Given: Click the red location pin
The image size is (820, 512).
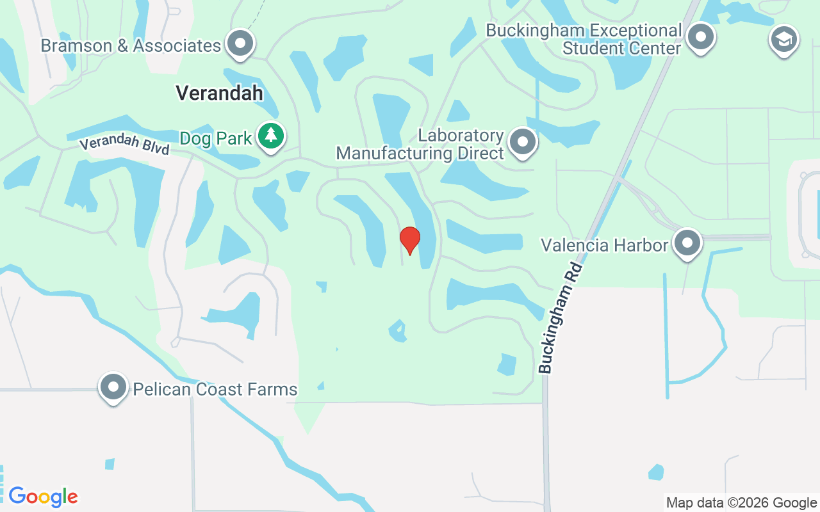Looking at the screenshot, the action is (410, 240).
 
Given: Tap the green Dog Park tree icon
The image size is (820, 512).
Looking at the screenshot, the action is (272, 136).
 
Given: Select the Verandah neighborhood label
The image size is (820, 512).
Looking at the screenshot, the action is (219, 93).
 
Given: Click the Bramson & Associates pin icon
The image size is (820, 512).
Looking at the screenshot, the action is (241, 44).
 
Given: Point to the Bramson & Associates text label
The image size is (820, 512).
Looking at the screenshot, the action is (131, 46).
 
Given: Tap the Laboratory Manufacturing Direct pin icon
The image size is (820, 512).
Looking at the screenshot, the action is (523, 141).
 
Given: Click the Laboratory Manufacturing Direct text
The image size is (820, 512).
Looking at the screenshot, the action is (420, 145).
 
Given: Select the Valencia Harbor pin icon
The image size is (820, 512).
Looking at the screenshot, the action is (688, 243).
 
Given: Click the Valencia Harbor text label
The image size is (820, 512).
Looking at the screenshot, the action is (604, 245).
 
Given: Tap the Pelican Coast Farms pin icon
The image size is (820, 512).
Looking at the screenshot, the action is (113, 387).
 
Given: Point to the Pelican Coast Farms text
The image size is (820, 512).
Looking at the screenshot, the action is (215, 389).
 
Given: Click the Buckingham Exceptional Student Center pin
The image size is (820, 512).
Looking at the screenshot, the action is (701, 36).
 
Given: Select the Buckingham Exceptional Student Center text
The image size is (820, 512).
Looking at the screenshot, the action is (584, 39).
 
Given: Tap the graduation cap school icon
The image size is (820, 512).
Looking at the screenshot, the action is (783, 40).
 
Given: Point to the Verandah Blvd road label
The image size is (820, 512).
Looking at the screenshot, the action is (124, 143).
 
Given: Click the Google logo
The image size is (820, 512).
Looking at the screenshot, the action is (43, 497).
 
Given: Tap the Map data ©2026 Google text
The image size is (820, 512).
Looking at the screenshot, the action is (741, 503).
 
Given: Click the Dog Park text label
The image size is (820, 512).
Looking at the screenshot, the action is (216, 138).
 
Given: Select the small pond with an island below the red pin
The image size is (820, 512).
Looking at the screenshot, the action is (397, 331).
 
